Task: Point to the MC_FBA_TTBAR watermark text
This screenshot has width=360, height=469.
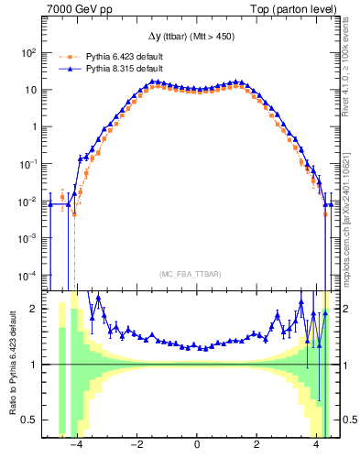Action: (x=197, y=273)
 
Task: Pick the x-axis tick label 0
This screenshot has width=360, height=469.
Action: (x=197, y=445)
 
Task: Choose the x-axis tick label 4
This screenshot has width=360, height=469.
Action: (x=316, y=445)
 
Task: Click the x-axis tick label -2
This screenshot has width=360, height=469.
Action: (x=136, y=445)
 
